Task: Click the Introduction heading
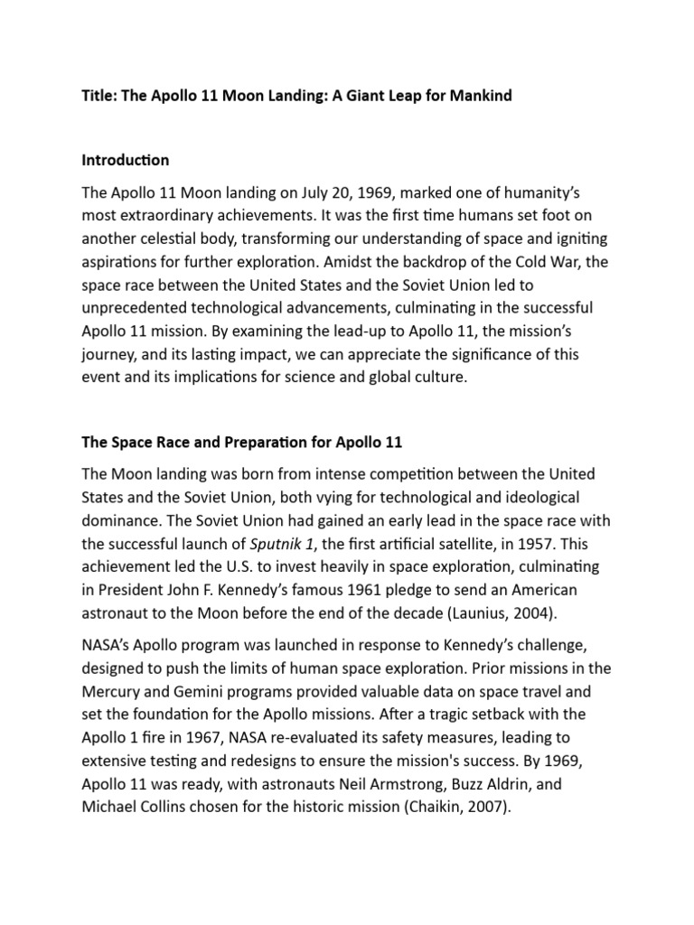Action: tap(126, 160)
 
